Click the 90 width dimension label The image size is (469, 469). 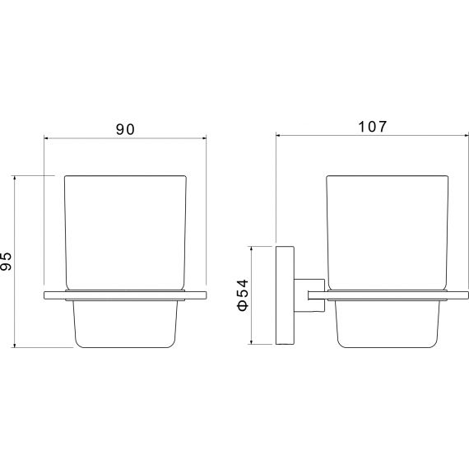[x=125, y=129]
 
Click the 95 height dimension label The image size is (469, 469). [x=6, y=262]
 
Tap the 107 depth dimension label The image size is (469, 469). [x=373, y=127]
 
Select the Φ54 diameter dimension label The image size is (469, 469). [x=244, y=295]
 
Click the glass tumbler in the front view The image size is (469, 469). [x=125, y=233]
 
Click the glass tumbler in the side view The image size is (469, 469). [x=388, y=233]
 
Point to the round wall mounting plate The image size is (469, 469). [x=285, y=295]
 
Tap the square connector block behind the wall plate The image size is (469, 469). [x=309, y=295]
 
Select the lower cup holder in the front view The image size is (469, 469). [x=125, y=324]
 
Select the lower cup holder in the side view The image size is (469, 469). [x=388, y=324]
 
